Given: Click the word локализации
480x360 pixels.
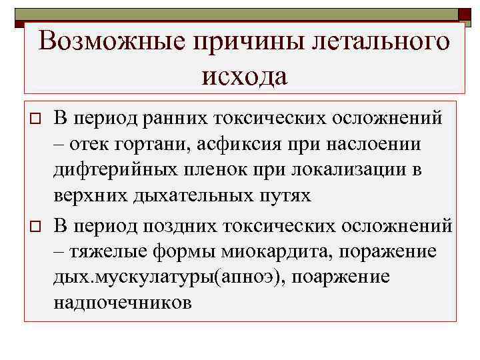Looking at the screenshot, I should coord(354,170).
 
